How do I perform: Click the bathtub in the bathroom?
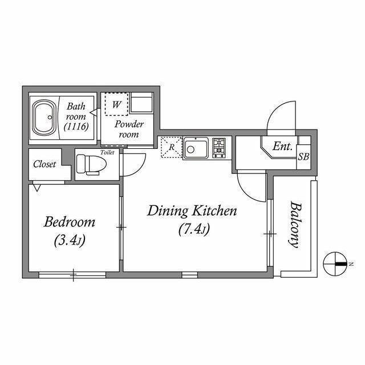click(44, 117)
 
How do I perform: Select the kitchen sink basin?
click(196, 148)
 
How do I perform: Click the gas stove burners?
click(219, 148)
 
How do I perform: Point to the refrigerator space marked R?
click(171, 147)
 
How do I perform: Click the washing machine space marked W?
click(116, 104)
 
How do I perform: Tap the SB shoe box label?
click(303, 157)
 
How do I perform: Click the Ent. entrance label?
click(282, 147)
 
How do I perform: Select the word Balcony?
click(295, 225)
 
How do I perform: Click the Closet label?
click(44, 164)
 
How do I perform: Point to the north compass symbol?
click(335, 263)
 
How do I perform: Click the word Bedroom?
click(70, 222)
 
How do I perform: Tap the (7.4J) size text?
click(194, 229)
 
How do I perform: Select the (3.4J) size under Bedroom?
click(70, 240)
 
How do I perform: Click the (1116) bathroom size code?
click(76, 127)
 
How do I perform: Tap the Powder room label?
click(129, 129)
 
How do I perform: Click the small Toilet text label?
click(107, 152)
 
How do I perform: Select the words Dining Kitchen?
click(192, 211)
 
